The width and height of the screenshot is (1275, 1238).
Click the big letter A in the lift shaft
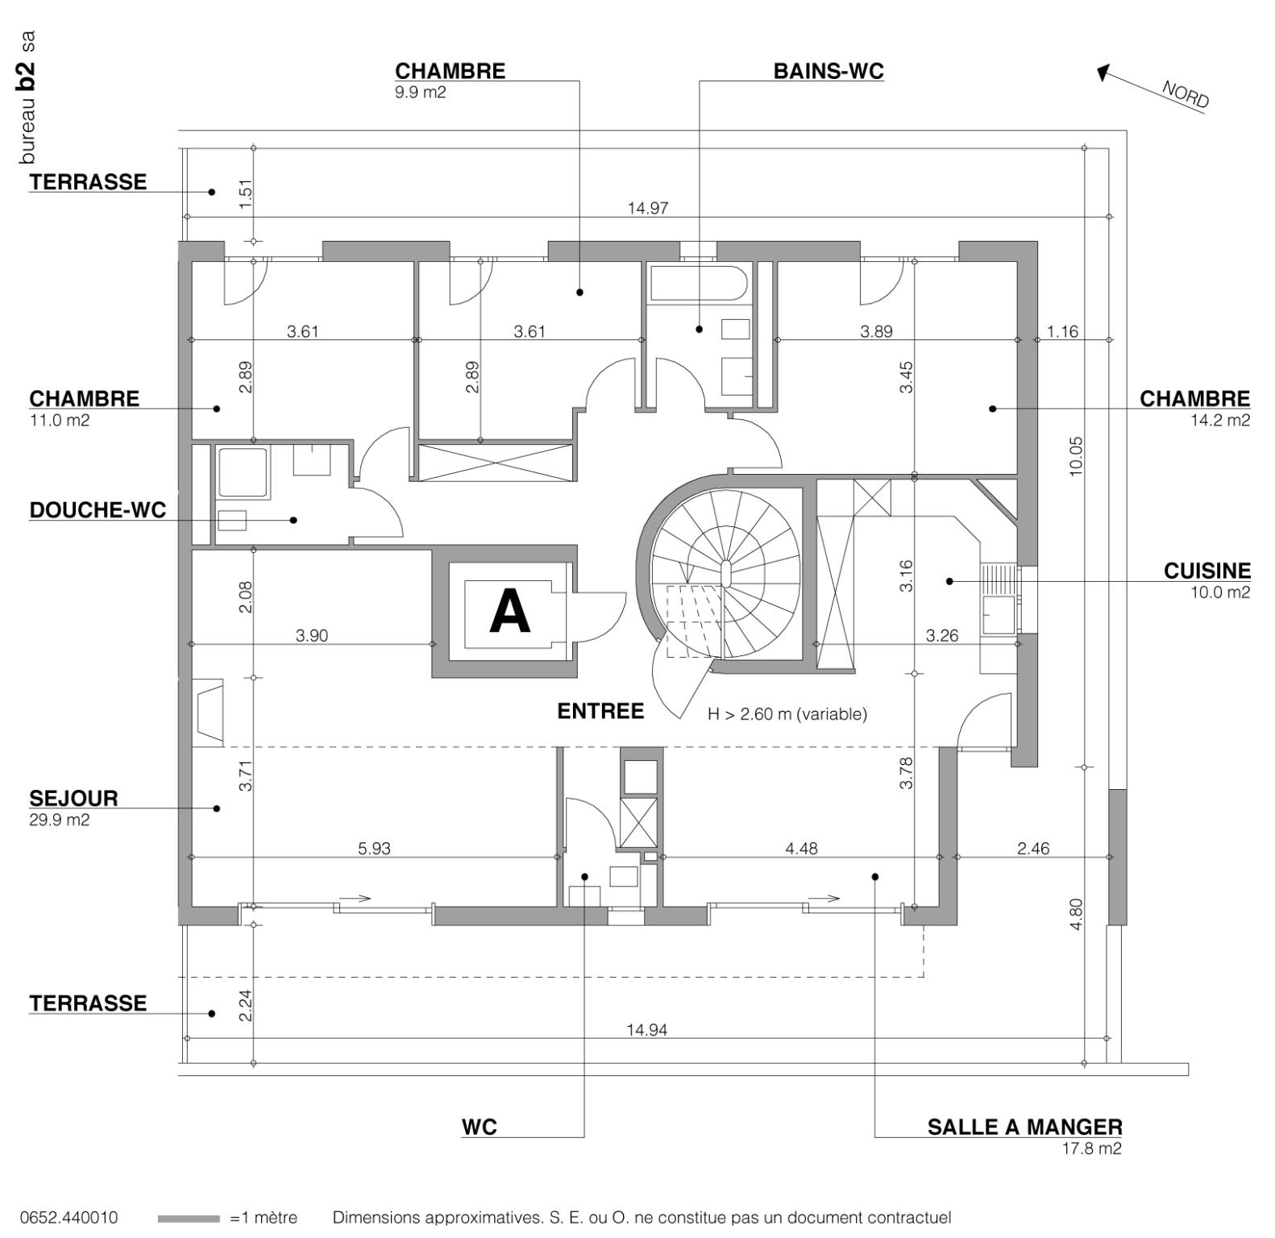pyautogui.click(x=510, y=612)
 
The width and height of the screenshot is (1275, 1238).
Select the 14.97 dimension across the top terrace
pyautogui.click(x=648, y=209)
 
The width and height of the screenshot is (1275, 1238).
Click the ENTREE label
pyautogui.click(x=600, y=712)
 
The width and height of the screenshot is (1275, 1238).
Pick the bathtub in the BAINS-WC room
pyautogui.click(x=698, y=282)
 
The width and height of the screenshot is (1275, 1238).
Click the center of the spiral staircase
pyautogui.click(x=725, y=575)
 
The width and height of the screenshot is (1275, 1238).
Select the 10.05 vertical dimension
pyautogui.click(x=1076, y=456)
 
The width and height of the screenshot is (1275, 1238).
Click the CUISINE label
pyautogui.click(x=1206, y=571)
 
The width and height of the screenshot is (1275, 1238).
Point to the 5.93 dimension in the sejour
pyautogui.click(x=374, y=849)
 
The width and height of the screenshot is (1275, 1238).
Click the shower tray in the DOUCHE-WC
pyautogui.click(x=243, y=472)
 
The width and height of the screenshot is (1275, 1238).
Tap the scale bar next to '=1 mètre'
pyautogui.click(x=189, y=1219)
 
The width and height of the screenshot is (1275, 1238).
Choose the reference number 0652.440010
pyautogui.click(x=69, y=1218)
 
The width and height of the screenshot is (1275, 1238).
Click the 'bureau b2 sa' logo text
pyautogui.click(x=27, y=97)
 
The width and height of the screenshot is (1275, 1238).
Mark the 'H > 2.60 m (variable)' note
pyautogui.click(x=787, y=714)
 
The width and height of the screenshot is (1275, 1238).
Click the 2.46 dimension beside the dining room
pyautogui.click(x=1032, y=849)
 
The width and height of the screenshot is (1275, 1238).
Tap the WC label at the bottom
pyautogui.click(x=479, y=1127)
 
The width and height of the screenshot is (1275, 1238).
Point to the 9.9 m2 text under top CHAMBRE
pyautogui.click(x=420, y=93)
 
